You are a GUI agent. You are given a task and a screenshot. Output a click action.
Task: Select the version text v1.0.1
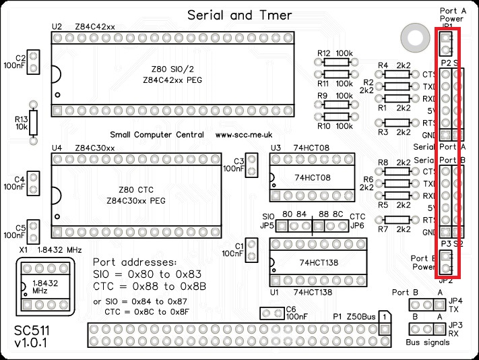tap(32, 346)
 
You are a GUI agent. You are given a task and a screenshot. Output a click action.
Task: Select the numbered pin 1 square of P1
tap(383, 316)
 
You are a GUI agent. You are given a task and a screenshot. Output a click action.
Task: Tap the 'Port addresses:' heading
tap(135, 262)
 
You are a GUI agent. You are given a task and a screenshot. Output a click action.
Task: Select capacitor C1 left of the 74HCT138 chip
tap(251, 251)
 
